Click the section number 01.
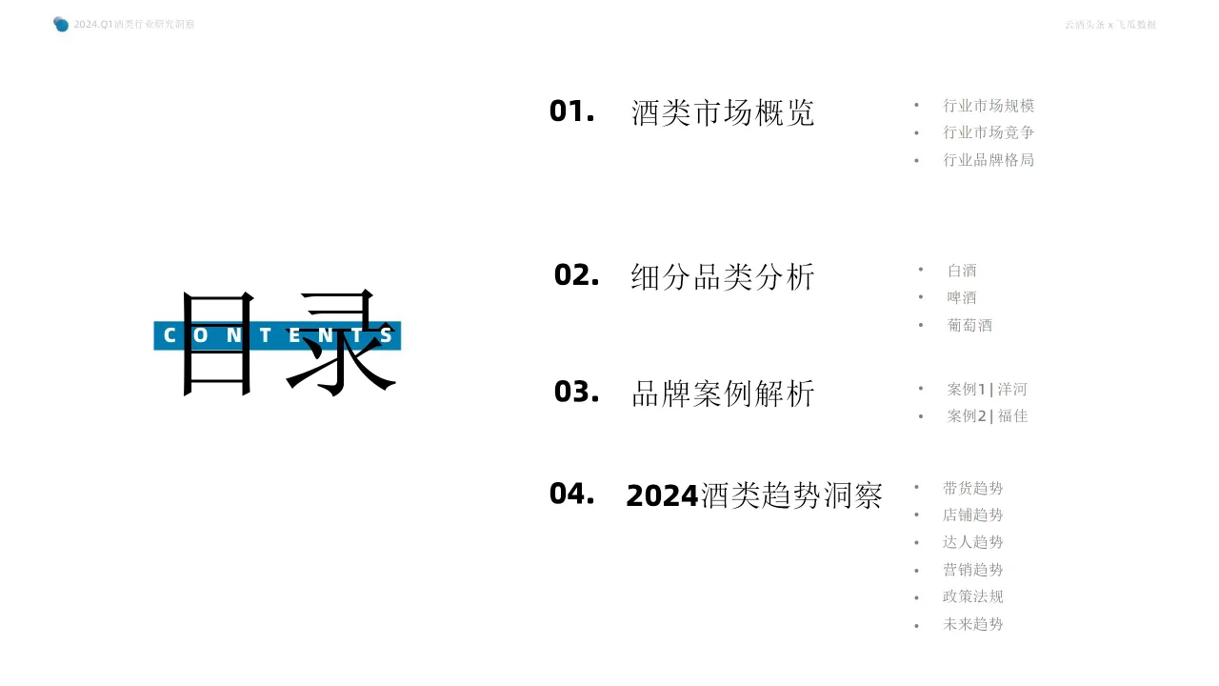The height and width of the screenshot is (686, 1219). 571,111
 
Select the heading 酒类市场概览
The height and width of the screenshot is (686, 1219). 723,112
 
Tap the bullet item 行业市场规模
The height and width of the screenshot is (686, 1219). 989,106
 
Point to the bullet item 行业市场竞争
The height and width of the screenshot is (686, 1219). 989,132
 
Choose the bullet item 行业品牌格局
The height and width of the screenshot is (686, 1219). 989,160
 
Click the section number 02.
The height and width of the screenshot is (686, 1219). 576,275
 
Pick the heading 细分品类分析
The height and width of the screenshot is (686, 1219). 723,277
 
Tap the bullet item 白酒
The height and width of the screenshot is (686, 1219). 962,271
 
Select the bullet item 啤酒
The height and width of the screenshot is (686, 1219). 962,297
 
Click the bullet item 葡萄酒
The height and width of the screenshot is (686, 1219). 969,325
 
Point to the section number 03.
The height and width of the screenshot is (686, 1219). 576,392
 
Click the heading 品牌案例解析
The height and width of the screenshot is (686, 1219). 723,393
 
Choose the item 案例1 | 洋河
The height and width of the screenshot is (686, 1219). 987,389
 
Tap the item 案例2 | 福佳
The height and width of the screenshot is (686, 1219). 987,415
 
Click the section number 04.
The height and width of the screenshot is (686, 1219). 571,494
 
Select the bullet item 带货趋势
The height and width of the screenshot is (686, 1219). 972,488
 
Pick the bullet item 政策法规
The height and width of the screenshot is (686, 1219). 972,596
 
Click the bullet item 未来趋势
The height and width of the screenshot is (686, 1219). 972,624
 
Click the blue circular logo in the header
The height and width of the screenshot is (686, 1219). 61,24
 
